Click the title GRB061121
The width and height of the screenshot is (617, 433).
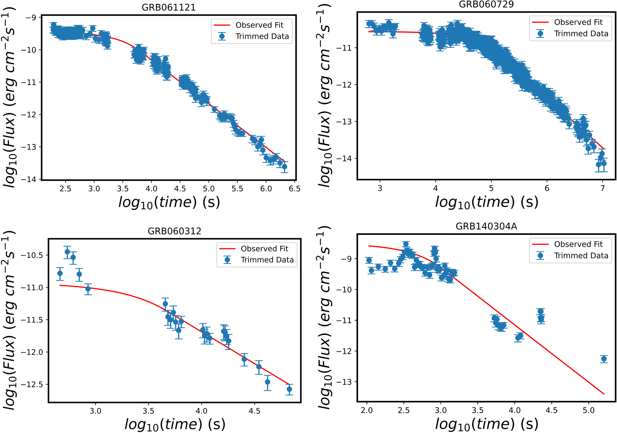(168, 7)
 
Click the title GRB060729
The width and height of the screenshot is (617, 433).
(486, 4)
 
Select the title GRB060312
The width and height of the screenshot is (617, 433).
(174, 231)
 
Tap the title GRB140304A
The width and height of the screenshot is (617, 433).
(486, 226)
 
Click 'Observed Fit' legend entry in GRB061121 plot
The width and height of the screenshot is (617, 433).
(259, 25)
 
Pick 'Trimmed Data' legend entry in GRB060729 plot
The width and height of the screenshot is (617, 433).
(581, 34)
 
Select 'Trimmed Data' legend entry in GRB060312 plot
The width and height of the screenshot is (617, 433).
(267, 260)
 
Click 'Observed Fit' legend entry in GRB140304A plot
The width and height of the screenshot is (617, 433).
(578, 244)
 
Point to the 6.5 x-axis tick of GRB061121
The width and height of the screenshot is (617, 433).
(294, 189)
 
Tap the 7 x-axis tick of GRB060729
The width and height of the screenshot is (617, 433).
(602, 188)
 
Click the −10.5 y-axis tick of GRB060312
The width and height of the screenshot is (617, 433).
(32, 255)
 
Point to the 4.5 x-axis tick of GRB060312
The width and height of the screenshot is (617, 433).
(254, 411)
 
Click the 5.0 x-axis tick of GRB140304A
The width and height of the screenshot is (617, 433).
(588, 410)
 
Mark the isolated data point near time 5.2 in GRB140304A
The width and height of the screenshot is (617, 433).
(604, 359)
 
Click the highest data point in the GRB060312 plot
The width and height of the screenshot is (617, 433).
(67, 252)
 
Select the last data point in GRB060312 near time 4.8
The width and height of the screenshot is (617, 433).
(289, 389)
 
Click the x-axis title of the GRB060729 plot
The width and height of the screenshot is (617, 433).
(486, 202)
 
